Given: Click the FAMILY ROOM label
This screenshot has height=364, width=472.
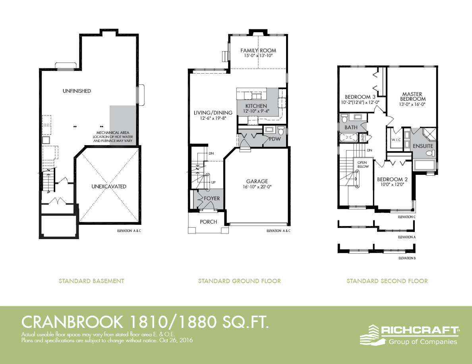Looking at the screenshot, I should tap(258, 50).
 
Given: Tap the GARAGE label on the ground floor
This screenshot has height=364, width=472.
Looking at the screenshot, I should tap(257, 181).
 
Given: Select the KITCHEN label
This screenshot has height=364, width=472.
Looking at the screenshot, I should tap(256, 106).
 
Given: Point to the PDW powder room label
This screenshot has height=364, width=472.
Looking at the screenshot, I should tap(275, 139).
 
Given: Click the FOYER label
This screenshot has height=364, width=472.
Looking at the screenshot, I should tap(212, 198).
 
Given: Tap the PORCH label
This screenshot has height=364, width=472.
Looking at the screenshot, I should tap(208, 222).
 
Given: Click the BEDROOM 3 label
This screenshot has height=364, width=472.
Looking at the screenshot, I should tap(360, 97).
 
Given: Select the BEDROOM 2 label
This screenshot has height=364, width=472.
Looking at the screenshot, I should tap(393, 179).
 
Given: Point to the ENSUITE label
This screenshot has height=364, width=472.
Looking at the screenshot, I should tap(423, 146).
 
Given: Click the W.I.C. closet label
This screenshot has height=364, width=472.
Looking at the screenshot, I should tap(396, 140).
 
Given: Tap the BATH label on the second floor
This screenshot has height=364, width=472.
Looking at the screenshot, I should tap(351, 127).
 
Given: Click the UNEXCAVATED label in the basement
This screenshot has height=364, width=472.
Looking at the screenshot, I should tap(109, 186).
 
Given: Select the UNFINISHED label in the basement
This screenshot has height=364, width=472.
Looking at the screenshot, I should tap(77, 91).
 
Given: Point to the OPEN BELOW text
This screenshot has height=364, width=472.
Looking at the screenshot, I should tap(363, 165).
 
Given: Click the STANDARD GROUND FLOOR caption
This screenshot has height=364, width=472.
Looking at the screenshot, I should tap(239, 281).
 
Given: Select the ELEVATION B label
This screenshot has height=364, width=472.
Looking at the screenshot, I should tap(407, 258).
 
